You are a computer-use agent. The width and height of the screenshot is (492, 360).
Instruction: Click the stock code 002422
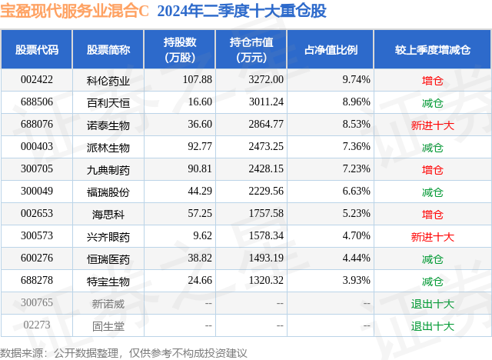point(37,80)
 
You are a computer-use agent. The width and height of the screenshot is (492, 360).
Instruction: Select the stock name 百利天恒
point(108,102)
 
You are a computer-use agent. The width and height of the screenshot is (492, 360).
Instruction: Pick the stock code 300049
point(37,192)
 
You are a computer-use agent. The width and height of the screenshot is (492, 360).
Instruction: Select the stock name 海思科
point(108,214)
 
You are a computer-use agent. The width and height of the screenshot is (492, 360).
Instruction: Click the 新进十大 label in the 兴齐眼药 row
point(432,236)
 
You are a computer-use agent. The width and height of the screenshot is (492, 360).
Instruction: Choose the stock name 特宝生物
point(108,281)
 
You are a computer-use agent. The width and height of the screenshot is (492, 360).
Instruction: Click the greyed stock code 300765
point(37,303)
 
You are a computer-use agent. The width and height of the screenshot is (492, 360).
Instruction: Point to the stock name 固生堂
point(108,325)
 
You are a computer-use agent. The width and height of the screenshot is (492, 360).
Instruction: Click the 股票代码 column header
point(37,50)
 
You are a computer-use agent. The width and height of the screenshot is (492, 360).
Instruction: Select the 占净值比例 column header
point(336,50)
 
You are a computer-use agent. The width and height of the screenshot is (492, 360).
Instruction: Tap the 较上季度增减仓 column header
point(432,50)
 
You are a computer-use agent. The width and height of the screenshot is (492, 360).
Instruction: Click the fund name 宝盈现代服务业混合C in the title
point(75,12)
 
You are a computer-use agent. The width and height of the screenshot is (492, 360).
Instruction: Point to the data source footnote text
point(124,352)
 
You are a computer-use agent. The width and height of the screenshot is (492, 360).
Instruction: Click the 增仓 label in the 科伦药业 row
point(432,80)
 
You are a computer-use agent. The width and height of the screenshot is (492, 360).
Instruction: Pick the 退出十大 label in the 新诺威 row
point(432,303)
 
